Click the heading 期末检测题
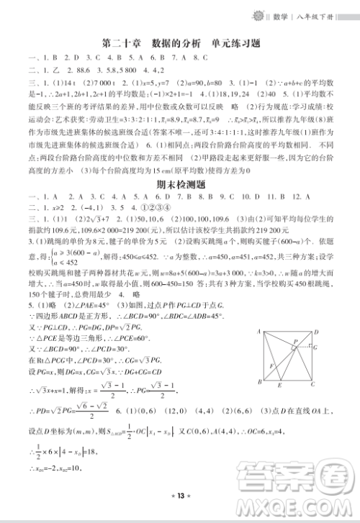pos(180,184)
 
